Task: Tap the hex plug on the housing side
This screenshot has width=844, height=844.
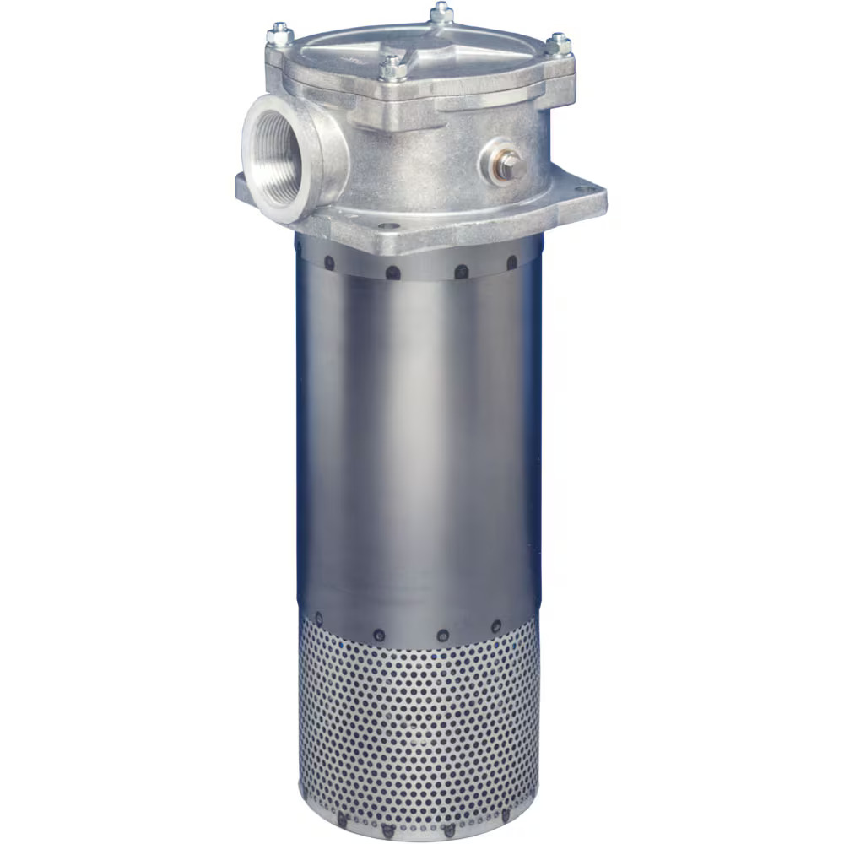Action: pyautogui.click(x=508, y=165)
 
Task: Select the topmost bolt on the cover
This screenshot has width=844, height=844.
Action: pyautogui.click(x=441, y=12)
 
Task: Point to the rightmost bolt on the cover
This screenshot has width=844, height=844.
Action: pyautogui.click(x=558, y=44)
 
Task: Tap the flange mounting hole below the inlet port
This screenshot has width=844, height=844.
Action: pyautogui.click(x=387, y=226)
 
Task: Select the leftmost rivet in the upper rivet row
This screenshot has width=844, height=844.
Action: pyautogui.click(x=329, y=262)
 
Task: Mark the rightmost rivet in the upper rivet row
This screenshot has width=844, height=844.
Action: pyautogui.click(x=511, y=262)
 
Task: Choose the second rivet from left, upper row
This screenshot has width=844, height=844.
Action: pyautogui.click(x=392, y=272)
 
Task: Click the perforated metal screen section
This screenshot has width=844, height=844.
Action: pyautogui.click(x=418, y=726)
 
